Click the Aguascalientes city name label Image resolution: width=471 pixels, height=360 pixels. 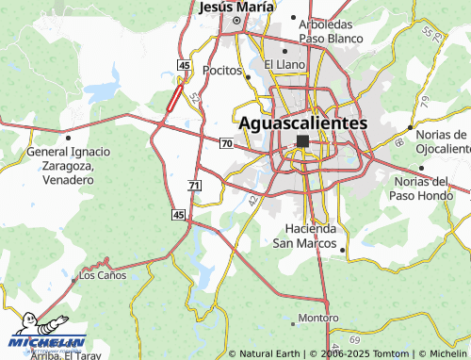[x=302, y=123]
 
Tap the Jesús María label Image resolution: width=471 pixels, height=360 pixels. [x=236, y=8]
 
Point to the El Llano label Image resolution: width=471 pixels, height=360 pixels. [x=283, y=64]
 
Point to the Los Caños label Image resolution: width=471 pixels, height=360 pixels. [x=103, y=276]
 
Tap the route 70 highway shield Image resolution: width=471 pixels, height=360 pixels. [x=226, y=143]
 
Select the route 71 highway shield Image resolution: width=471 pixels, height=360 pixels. [x=193, y=187]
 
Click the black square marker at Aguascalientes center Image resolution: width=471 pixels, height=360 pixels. [x=302, y=141]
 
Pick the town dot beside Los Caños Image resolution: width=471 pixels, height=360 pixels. [x=73, y=278]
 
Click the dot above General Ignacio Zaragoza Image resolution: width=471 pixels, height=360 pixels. [x=68, y=138]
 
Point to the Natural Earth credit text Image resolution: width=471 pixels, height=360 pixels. [x=270, y=353]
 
